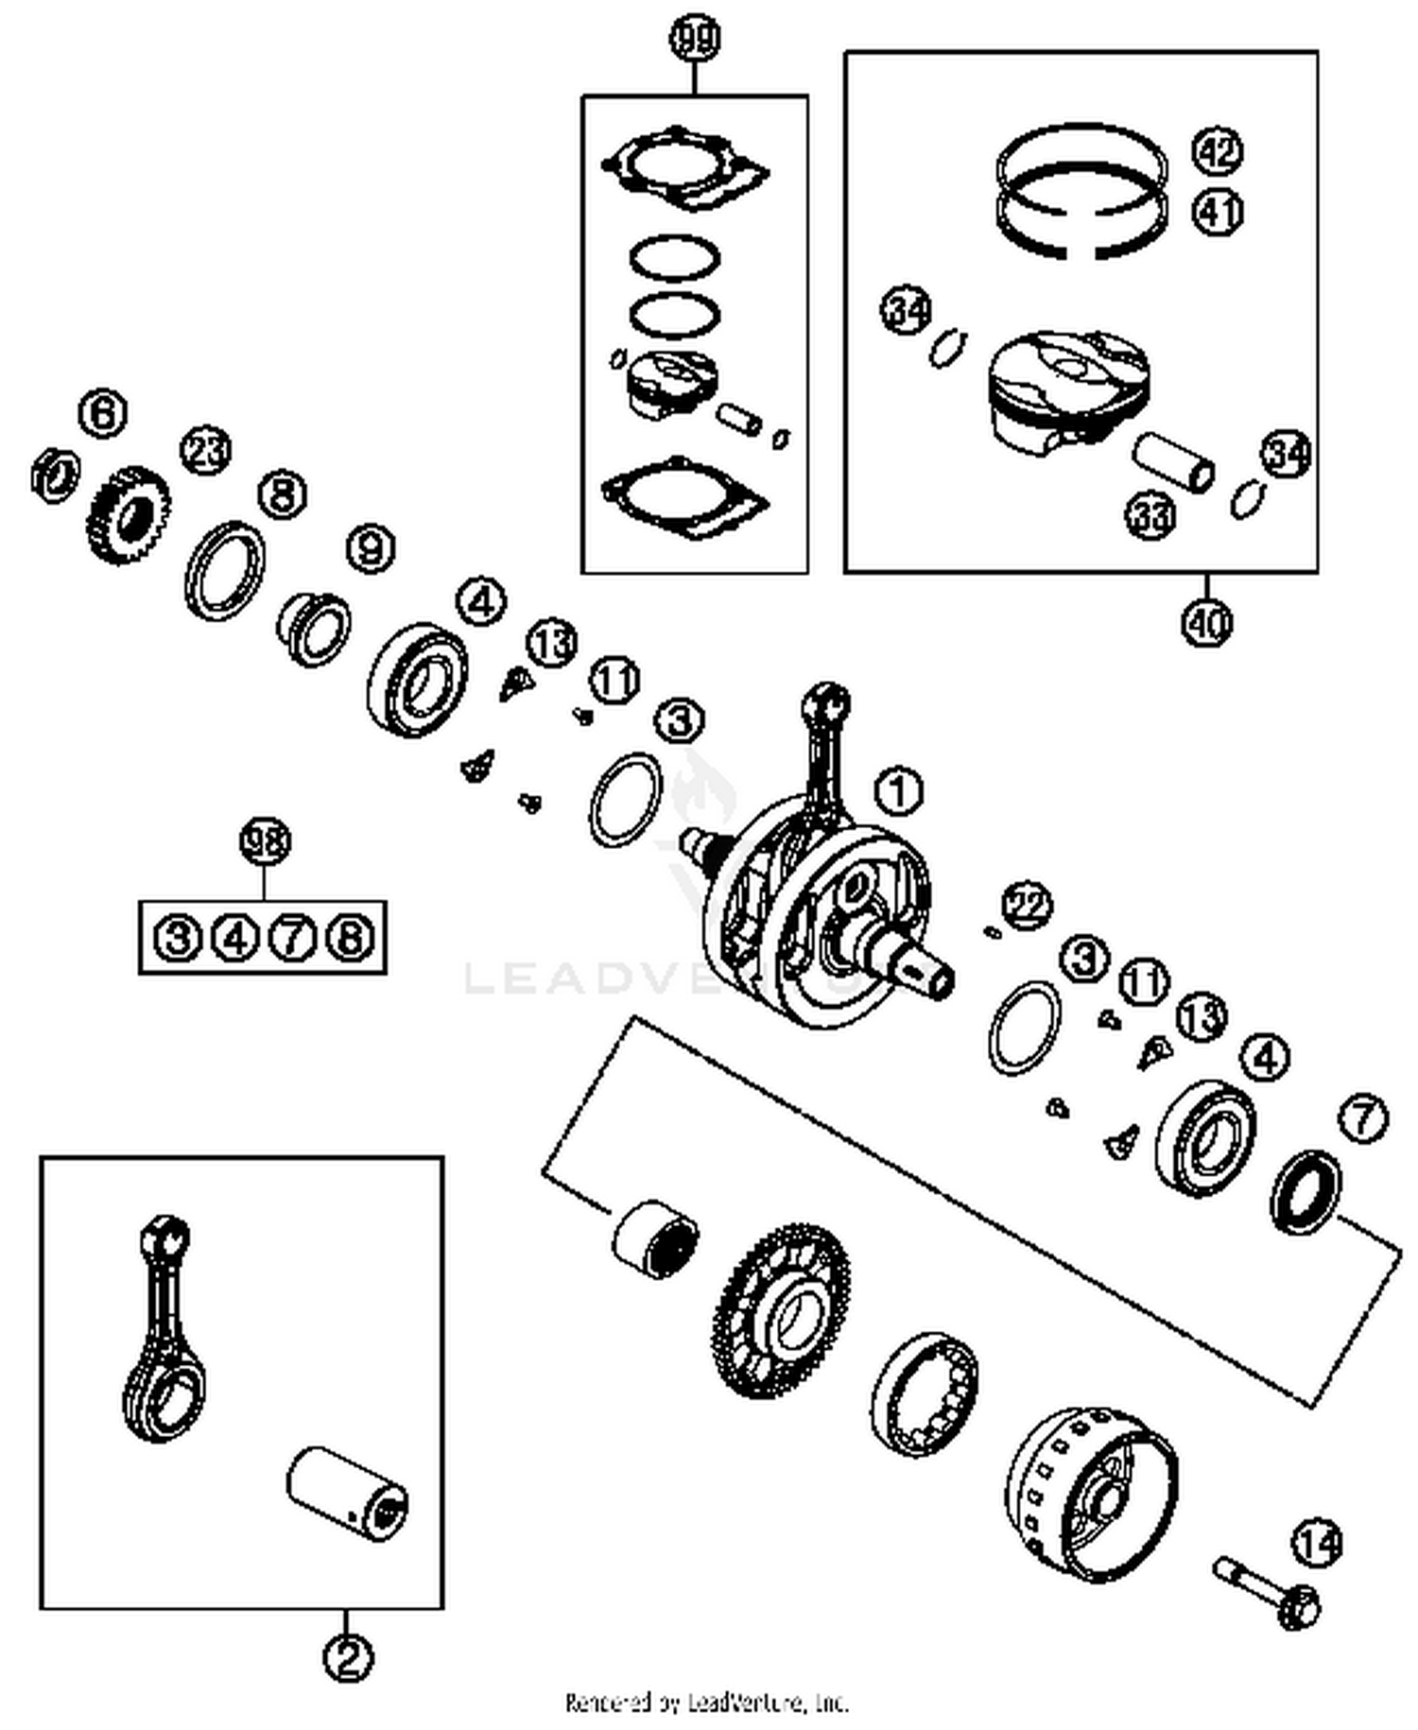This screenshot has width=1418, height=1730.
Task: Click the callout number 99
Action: [695, 40]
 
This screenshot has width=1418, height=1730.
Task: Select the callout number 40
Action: [1207, 622]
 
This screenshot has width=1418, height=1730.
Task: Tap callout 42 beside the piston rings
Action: [1218, 151]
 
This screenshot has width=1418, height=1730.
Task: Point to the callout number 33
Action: [1150, 516]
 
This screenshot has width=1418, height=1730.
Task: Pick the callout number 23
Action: [206, 451]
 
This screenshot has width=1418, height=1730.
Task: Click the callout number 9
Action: [371, 548]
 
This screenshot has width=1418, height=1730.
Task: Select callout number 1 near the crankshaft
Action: [899, 790]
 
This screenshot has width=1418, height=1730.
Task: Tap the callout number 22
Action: [1028, 906]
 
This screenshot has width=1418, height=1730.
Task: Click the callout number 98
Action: [265, 841]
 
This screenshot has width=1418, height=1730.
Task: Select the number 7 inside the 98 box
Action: [292, 938]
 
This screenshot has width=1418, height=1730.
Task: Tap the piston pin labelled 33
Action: [1172, 460]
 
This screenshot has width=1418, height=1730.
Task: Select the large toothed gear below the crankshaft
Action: [781, 1308]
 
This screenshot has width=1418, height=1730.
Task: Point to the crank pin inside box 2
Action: [348, 1494]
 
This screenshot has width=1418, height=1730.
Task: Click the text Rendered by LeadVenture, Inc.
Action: [707, 1703]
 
